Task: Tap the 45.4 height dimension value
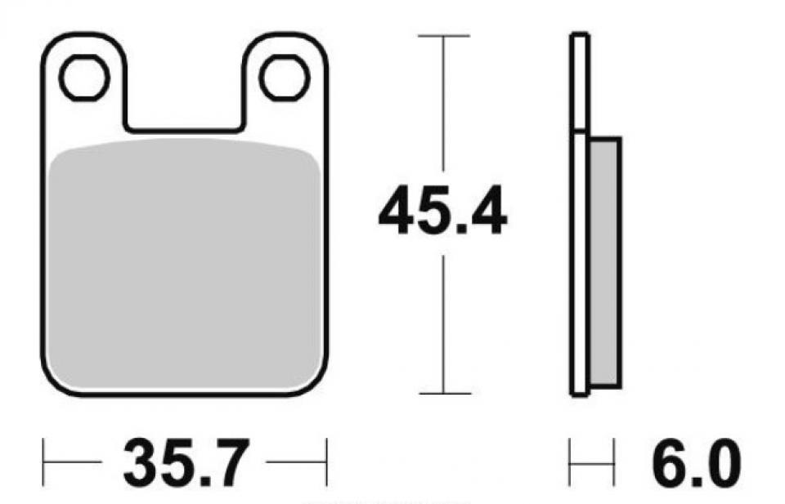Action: coord(442,211)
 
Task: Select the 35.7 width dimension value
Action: coord(186,462)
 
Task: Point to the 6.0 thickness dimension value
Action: coord(697,463)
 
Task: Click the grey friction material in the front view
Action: coord(186,264)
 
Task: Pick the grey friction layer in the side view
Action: coord(606,262)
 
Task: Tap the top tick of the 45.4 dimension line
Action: coord(443,36)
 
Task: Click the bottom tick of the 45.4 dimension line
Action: coord(445,394)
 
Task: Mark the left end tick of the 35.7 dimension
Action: coord(43,462)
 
